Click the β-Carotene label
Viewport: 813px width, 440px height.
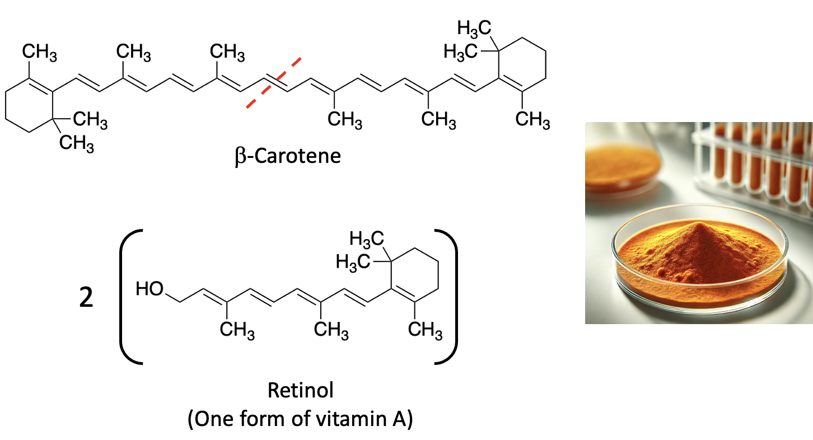[288, 156]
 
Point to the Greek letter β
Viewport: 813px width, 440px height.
[241, 156]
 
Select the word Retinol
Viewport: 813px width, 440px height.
[301, 390]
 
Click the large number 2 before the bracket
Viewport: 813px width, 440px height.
[86, 299]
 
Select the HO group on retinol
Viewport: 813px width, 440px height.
[149, 289]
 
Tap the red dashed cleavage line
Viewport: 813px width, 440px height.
[275, 82]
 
